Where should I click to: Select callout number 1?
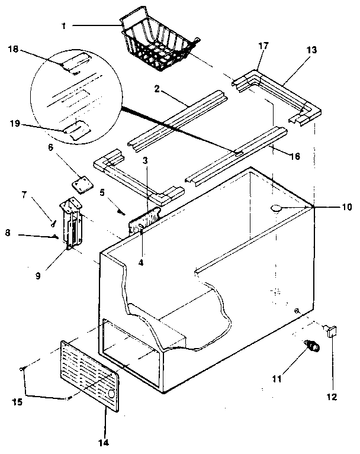63,26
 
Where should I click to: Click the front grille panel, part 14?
89,373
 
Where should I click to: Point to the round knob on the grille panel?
112,394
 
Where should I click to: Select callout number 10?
346,207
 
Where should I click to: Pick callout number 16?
294,156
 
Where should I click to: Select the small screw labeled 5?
121,212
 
